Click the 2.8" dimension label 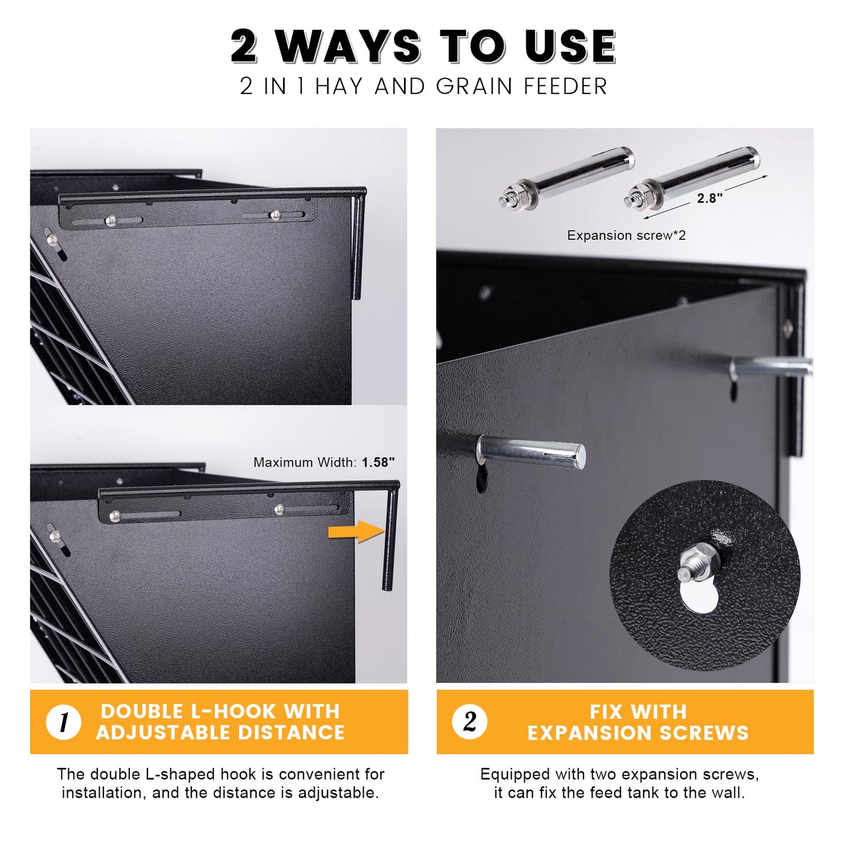[x=709, y=198]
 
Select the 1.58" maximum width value [x=378, y=462]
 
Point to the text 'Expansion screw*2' [x=626, y=236]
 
